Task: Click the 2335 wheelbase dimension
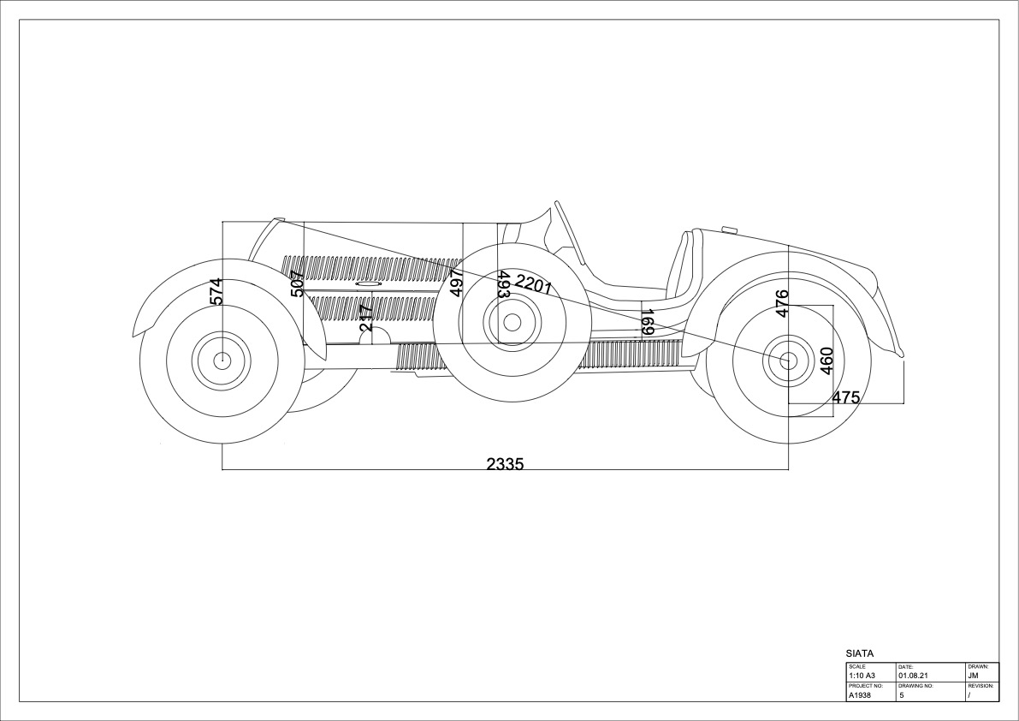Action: (x=504, y=463)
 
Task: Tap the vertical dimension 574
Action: (x=216, y=290)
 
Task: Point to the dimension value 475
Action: (x=845, y=397)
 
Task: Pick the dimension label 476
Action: (x=782, y=304)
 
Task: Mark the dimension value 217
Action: (x=366, y=318)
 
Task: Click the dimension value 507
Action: (x=297, y=283)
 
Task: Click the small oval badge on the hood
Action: (x=368, y=284)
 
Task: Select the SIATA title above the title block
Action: (x=859, y=653)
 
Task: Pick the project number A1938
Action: (x=859, y=695)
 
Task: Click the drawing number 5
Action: (x=902, y=695)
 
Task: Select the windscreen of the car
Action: (x=568, y=231)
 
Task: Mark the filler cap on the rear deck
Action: (x=729, y=229)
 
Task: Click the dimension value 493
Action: (x=504, y=284)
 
